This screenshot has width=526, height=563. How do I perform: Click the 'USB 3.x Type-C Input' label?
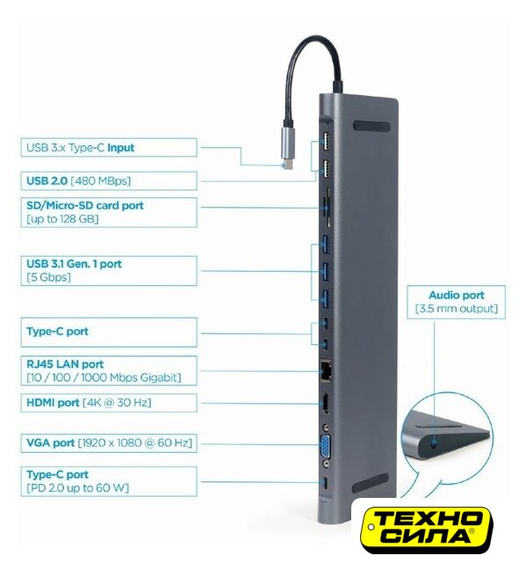[80, 148]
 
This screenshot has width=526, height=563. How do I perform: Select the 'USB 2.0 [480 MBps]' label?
[78, 180]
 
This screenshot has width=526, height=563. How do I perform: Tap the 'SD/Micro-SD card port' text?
[85, 205]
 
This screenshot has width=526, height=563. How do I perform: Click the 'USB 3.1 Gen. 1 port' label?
[74, 264]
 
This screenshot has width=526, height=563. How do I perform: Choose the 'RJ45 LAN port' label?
[65, 364]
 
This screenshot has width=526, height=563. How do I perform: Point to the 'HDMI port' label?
[53, 403]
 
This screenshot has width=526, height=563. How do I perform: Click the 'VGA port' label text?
[51, 442]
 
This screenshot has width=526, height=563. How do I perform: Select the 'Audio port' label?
[456, 296]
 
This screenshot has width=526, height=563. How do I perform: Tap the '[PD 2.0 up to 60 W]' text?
[77, 488]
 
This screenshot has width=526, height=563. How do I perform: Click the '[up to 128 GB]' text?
[62, 219]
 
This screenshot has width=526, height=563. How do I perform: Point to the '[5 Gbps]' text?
[48, 277]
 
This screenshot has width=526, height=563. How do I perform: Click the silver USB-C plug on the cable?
[288, 148]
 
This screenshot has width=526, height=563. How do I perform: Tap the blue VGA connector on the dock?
[325, 445]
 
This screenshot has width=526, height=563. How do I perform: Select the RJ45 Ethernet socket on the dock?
[325, 369]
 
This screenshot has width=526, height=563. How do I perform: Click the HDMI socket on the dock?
[325, 404]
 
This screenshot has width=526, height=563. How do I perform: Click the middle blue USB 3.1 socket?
[326, 272]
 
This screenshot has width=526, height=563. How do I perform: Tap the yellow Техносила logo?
[427, 529]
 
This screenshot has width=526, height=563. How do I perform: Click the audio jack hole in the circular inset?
[435, 444]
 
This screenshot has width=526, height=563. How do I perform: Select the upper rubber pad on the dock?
[371, 127]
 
